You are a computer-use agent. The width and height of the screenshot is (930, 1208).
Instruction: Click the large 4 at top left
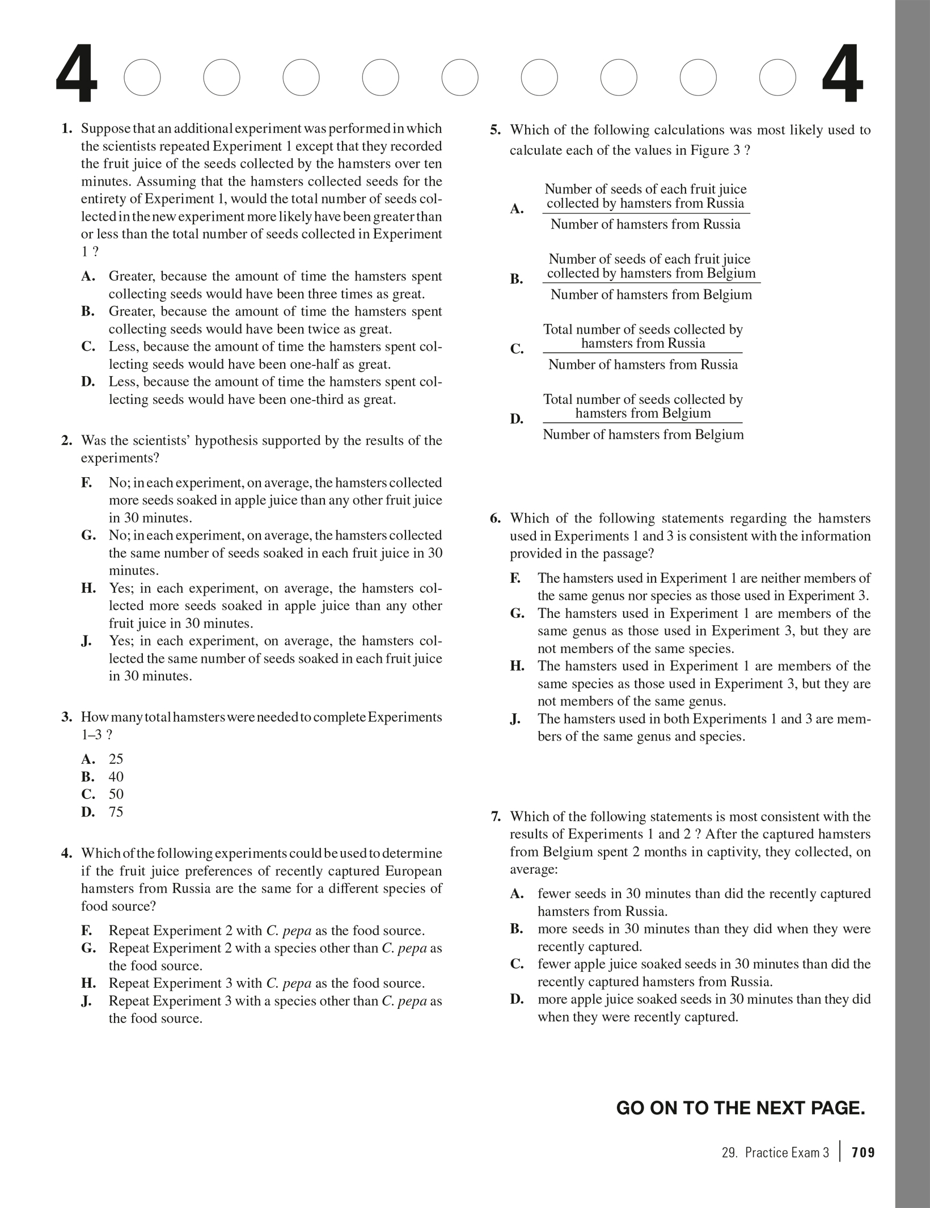[77, 77]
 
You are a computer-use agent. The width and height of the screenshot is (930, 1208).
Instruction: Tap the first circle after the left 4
[142, 77]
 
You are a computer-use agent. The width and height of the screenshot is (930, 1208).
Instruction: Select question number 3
[67, 717]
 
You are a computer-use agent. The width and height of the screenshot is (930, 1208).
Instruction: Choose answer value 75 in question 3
[116, 812]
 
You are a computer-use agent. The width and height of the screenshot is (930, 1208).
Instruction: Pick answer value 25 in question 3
[116, 759]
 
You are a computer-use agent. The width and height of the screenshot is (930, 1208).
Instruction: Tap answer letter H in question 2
[88, 588]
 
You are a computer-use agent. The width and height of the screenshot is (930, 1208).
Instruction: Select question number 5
[495, 131]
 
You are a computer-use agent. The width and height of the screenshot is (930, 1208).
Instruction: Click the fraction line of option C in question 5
[642, 353]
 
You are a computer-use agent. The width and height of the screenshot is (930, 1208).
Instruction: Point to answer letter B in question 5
[517, 279]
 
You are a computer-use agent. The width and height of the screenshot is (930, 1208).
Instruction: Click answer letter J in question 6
[515, 719]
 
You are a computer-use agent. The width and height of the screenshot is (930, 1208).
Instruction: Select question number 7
[496, 817]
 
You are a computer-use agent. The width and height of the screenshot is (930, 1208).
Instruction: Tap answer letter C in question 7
[517, 965]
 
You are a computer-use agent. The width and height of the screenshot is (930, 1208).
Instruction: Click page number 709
[863, 1152]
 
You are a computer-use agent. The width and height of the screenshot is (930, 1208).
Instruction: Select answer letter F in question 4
[87, 931]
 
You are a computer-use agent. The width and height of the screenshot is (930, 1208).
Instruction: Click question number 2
[67, 441]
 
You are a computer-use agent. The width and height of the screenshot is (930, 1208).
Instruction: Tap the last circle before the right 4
[777, 77]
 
